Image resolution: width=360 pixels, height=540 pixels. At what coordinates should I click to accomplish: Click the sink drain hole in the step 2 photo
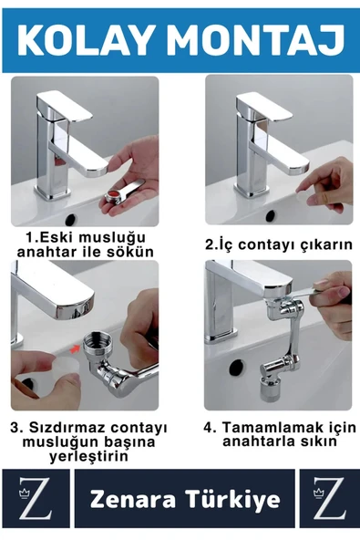(270, 215)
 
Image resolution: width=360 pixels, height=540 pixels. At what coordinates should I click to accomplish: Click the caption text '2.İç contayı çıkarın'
(277, 244)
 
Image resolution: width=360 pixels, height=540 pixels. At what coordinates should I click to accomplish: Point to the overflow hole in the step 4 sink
(235, 368)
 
